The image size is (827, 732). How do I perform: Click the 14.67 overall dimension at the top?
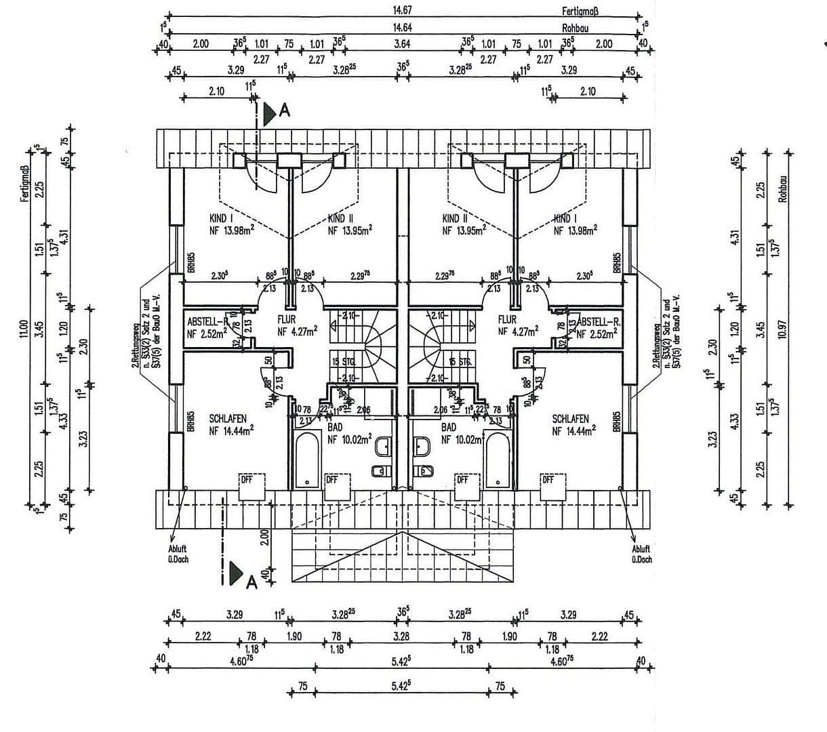coord(403,10)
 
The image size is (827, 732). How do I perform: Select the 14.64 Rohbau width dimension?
coord(403,28)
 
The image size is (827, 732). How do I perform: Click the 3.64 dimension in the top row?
coord(402,44)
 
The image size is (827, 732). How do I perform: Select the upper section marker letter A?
coord(285,111)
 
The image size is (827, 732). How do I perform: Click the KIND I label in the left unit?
coord(222,219)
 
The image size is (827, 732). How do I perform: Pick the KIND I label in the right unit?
coord(566,219)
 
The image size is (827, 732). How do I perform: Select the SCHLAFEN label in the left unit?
coord(228,419)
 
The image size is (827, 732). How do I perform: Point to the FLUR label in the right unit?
coord(507,319)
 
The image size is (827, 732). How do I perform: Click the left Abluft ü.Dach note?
coord(178,554)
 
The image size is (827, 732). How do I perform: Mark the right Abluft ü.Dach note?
coord(641,554)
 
